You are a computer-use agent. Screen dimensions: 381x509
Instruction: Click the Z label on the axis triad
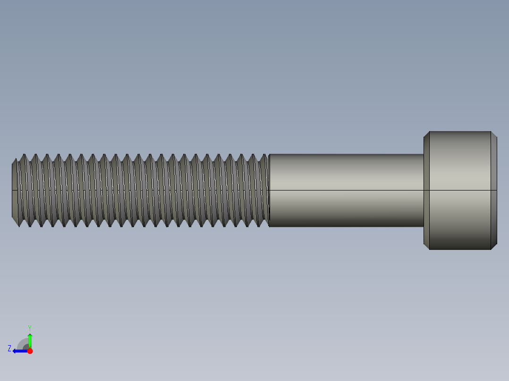pyautogui.click(x=9, y=348)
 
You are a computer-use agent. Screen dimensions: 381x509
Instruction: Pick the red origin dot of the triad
pyautogui.click(x=30, y=351)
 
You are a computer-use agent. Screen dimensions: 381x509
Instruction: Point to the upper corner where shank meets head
pyautogui.click(x=424, y=154)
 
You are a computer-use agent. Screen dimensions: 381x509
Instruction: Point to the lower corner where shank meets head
pyautogui.click(x=424, y=227)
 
